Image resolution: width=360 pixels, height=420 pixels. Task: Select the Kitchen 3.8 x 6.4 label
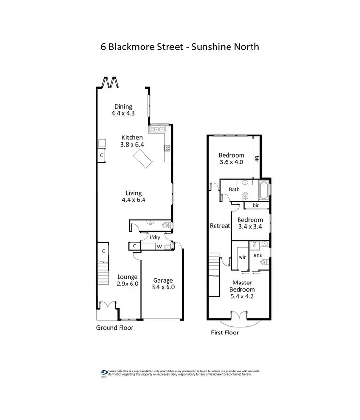point(132,141)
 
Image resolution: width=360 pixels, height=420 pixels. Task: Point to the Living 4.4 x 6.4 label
point(134,197)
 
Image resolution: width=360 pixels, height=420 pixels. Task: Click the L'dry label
point(155,238)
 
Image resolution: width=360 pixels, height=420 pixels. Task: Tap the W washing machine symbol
point(160,247)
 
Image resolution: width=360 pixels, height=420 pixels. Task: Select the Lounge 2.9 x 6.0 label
point(127,280)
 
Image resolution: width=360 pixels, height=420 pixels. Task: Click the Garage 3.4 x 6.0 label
point(163,284)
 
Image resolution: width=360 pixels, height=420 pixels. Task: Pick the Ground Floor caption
point(114,328)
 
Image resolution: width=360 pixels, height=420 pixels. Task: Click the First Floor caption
point(225,333)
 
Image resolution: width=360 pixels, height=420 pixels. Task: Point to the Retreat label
point(220,226)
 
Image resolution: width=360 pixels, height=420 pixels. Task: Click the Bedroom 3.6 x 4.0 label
point(231,159)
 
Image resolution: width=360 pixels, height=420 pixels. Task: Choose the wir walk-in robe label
point(242,257)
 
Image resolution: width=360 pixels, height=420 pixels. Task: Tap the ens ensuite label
point(258,255)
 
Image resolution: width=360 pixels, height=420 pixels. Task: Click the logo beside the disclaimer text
point(104,372)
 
